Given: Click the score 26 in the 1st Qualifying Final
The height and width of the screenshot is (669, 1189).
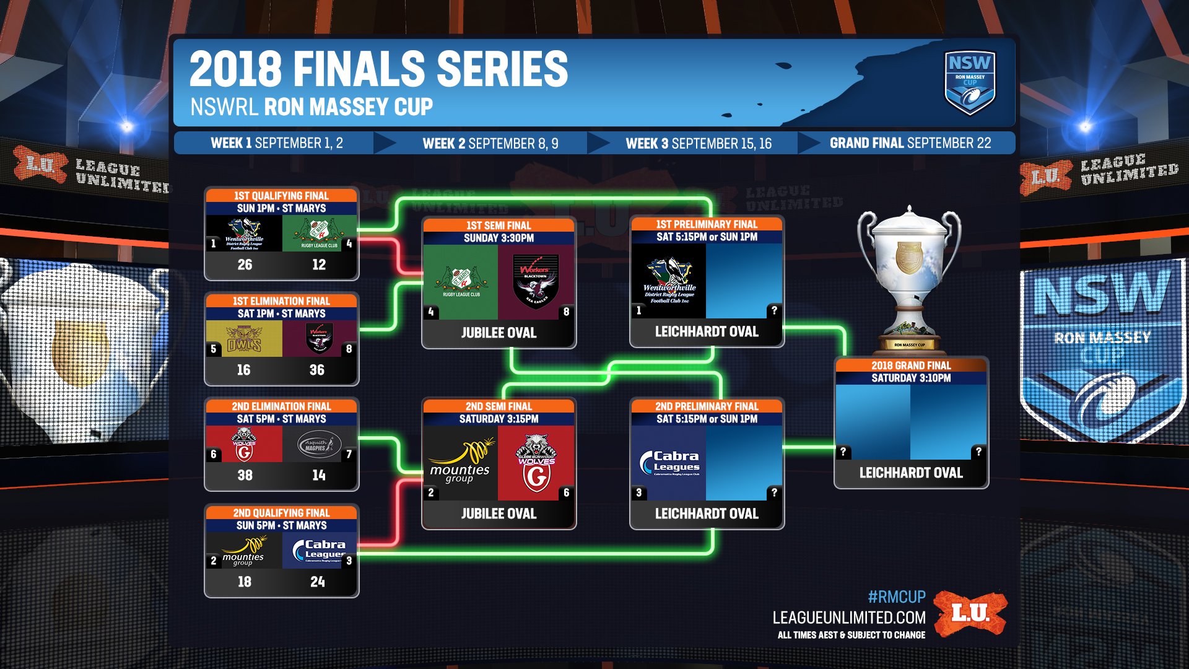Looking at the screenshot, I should [245, 265].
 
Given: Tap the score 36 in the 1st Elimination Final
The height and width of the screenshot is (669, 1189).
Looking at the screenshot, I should [316, 370].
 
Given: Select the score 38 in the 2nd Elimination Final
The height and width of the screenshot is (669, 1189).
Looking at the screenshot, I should [245, 475].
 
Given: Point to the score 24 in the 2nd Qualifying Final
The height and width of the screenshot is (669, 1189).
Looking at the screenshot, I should [317, 582].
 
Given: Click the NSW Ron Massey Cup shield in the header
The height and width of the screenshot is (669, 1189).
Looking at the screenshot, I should [969, 82].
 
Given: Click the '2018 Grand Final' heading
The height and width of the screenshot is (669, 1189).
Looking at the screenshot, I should [911, 365].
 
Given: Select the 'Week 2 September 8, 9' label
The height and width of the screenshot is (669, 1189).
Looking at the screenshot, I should [490, 143].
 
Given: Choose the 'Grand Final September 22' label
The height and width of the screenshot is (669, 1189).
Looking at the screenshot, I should [910, 143].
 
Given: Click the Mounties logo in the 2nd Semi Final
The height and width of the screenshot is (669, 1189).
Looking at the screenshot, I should [461, 462].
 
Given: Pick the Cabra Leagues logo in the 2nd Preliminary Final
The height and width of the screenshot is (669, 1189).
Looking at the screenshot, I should [669, 462].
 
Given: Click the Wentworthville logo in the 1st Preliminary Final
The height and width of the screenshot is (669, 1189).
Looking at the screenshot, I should [669, 282].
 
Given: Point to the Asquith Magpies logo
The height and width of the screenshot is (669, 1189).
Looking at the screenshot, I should [319, 444].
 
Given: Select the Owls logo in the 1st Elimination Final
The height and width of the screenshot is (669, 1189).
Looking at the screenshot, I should [244, 339].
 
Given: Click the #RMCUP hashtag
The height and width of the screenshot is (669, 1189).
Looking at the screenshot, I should [896, 597].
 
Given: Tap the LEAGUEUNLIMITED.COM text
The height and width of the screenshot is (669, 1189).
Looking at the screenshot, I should [848, 618].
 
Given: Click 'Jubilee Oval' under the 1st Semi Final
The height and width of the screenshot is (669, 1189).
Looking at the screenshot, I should [499, 333].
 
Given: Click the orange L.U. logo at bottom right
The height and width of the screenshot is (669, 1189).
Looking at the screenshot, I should [970, 613].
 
